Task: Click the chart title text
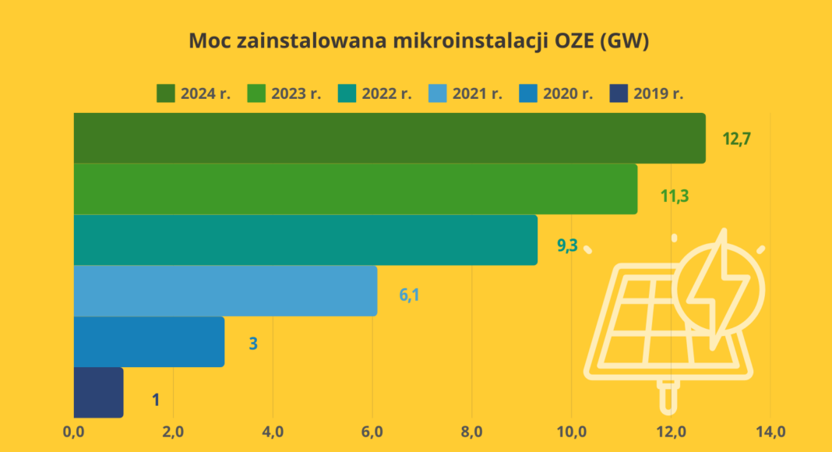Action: click(x=418, y=41)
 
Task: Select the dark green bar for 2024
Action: click(x=390, y=138)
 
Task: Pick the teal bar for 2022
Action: click(x=305, y=239)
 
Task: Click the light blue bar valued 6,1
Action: click(x=225, y=291)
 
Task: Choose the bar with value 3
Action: click(x=149, y=341)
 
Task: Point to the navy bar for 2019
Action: click(x=98, y=392)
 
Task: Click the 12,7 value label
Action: click(x=736, y=139)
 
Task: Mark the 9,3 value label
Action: click(x=567, y=246)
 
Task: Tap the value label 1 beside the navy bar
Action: click(x=156, y=401)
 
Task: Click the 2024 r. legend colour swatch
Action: click(x=165, y=94)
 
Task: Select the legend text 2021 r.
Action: click(x=477, y=94)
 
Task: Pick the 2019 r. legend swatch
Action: click(x=618, y=94)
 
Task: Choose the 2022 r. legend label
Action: click(x=386, y=94)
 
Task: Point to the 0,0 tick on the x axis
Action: click(x=73, y=431)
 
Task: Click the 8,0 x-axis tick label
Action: click(x=472, y=431)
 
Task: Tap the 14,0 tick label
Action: click(x=770, y=431)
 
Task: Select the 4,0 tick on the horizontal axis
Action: click(x=273, y=431)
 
